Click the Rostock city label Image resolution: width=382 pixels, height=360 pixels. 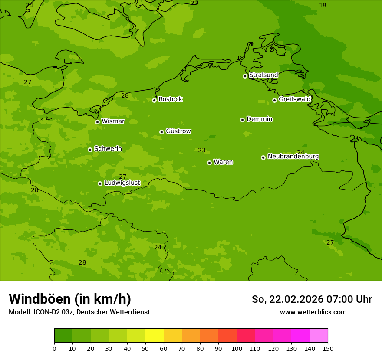coord(170,99)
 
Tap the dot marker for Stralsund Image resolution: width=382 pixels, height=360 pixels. coord(245,76)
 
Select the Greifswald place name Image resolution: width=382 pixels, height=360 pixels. coord(294,99)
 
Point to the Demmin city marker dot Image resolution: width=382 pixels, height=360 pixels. coord(242,120)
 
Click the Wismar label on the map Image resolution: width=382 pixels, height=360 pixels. coord(113,121)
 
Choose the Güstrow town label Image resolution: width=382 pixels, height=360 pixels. coord(178,131)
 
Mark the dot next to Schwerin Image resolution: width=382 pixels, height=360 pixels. coord(90,150)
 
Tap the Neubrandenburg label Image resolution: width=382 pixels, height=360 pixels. coord(293,157)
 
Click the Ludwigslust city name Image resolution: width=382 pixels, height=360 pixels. coord(122,183)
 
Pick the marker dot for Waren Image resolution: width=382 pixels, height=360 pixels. coord(209,163)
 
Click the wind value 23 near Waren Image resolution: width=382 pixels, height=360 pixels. coord(201,151)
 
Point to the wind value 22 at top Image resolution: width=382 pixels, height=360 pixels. coord(194,3)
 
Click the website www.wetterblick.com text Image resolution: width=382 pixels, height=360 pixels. coord(313,312)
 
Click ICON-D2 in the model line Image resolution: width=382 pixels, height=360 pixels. coord(46,312)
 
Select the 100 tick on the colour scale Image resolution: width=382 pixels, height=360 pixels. coord(237,348)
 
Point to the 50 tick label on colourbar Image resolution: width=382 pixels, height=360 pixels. coord(145,348)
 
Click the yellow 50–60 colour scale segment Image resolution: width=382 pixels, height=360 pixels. coord(155,336)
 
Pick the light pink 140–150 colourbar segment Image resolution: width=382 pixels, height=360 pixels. coord(319,336)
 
